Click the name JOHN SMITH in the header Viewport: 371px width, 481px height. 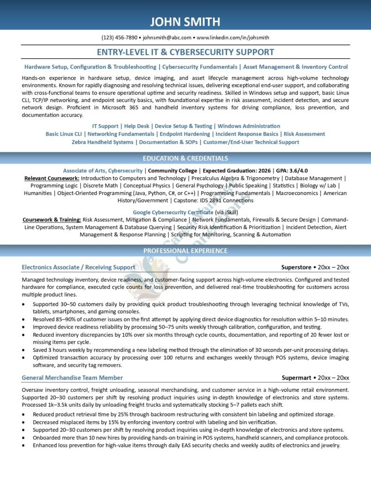point(185,22)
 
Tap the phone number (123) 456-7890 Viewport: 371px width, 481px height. point(119,38)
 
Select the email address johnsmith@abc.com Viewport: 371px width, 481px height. point(167,38)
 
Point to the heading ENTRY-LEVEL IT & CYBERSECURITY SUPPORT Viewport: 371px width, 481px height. point(185,52)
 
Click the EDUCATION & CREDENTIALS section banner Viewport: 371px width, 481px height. point(185,158)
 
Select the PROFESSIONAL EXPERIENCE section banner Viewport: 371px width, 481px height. point(185,251)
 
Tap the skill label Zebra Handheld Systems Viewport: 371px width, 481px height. point(102,142)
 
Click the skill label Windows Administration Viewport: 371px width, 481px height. point(249,126)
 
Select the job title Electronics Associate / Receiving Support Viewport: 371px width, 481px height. point(78,267)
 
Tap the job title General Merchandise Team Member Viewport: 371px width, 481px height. point(72,378)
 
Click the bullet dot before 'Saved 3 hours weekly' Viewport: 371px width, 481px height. point(24,350)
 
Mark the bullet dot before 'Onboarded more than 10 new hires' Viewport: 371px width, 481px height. point(24,438)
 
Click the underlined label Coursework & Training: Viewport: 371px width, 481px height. point(52,219)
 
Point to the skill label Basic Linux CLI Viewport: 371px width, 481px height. point(63,134)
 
